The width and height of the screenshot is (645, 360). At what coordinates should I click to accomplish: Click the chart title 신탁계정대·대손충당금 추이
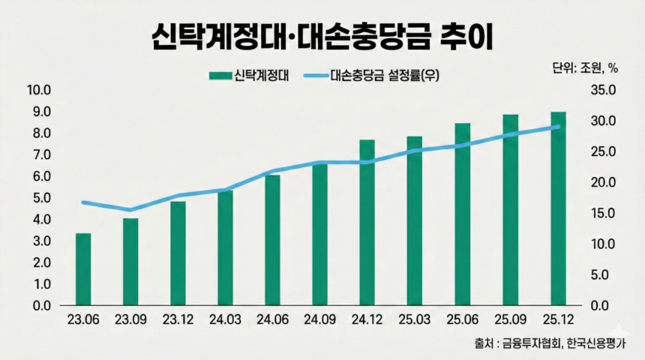[322, 35]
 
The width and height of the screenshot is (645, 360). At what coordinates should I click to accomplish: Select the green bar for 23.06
[83, 270]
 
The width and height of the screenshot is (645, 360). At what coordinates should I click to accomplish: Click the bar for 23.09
[130, 262]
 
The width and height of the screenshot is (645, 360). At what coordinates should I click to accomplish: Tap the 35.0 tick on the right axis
[603, 91]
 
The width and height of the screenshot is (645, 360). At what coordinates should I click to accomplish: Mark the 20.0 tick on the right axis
[603, 183]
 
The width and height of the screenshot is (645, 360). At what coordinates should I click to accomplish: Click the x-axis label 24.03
[226, 319]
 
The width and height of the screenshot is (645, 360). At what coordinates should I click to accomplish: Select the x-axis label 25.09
[510, 319]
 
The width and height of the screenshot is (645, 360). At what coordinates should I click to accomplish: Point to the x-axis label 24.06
[273, 319]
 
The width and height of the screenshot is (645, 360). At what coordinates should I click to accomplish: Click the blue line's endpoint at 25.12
[558, 127]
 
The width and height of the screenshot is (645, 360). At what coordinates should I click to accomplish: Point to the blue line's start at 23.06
[83, 202]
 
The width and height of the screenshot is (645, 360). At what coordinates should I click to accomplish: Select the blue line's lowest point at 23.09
[130, 210]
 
